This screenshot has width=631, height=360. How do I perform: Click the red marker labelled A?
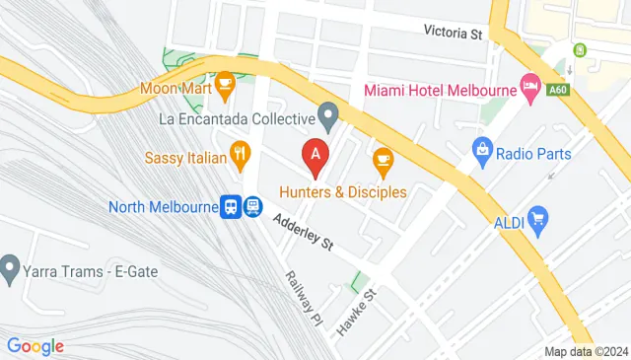tap(315, 154)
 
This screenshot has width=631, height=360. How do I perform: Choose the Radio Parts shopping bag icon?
tap(482, 150)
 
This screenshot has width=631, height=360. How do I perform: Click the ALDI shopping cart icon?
tap(537, 216)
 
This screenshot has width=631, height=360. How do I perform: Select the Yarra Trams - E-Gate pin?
tap(11, 265)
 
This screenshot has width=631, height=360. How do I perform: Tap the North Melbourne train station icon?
tap(243, 206)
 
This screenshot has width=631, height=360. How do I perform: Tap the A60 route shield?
tap(558, 89)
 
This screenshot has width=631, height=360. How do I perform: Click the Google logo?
tap(35, 345)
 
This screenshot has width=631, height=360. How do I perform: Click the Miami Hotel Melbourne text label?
tap(441, 90)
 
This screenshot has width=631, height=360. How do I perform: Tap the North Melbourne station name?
tap(163, 207)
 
